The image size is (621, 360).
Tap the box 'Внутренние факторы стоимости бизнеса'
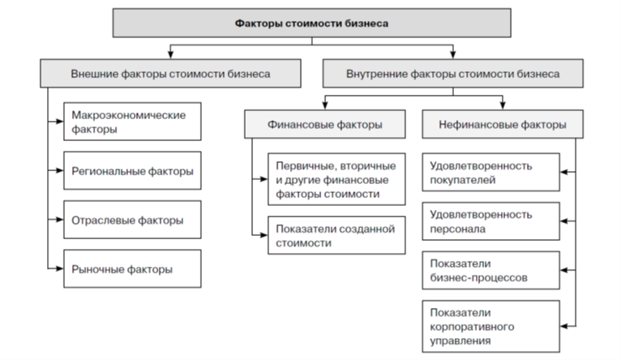pos(452,73)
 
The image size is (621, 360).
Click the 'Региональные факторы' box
pos(132,171)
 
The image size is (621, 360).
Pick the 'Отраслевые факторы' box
pos(132,220)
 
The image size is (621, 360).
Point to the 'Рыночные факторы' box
pos(132,268)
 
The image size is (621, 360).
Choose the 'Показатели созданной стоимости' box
pos(335,234)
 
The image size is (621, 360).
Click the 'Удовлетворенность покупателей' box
pos(490,172)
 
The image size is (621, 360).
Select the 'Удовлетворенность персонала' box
pos(490,221)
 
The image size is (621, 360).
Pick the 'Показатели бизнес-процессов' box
pos(490,270)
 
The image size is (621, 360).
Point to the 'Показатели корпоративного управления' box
pos(490,325)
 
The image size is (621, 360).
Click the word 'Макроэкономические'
pos(128,114)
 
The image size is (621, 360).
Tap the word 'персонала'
pos(459,229)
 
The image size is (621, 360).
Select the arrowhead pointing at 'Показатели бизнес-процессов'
pos(563,270)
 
